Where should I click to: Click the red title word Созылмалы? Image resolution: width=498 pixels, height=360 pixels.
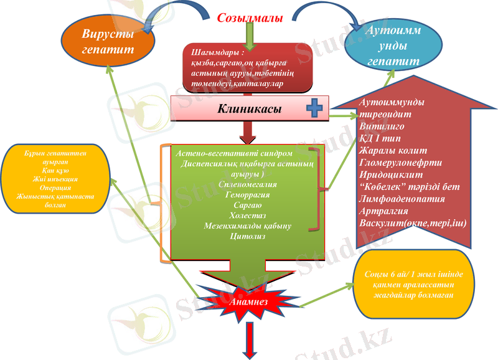pyautogui.click(x=250, y=17)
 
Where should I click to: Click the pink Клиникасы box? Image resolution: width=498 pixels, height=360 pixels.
pyautogui.click(x=249, y=109)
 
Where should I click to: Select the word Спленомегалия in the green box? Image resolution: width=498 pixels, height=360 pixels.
pyautogui.click(x=248, y=184)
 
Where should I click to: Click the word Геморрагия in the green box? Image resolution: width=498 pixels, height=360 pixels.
pyautogui.click(x=248, y=194)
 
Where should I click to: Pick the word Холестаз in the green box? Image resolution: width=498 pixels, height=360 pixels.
pyautogui.click(x=248, y=215)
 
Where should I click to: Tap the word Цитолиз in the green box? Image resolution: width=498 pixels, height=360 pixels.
pyautogui.click(x=248, y=236)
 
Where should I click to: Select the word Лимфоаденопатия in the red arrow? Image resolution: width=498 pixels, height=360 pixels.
pyautogui.click(x=402, y=199)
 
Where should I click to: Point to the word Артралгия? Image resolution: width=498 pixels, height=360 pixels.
pyautogui.click(x=384, y=211)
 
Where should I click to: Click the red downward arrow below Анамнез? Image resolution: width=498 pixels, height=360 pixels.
pyautogui.click(x=253, y=340)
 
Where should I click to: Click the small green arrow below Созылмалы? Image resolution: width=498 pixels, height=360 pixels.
pyautogui.click(x=250, y=38)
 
